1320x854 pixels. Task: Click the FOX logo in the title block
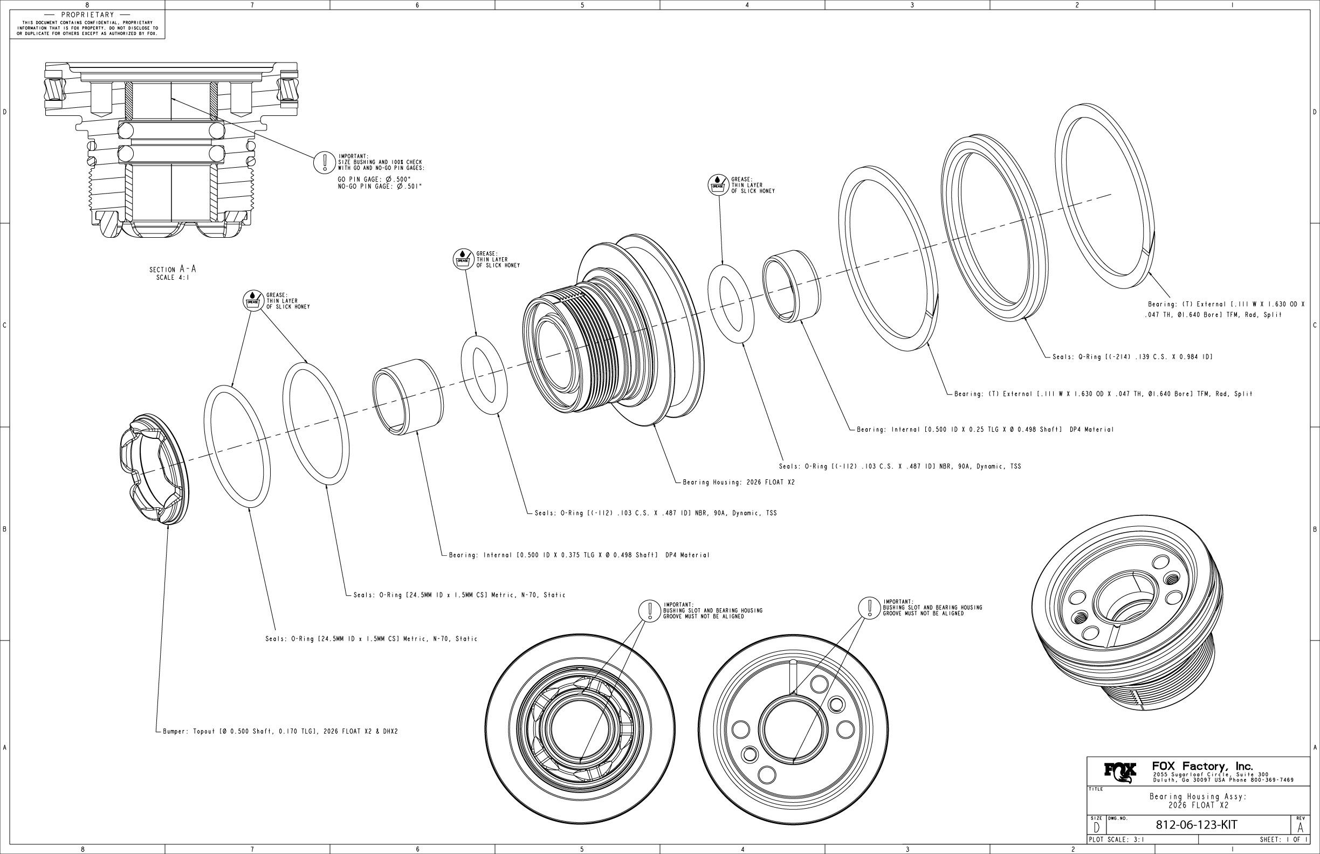click(x=1120, y=772)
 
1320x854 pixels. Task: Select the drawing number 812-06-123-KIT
click(x=1197, y=824)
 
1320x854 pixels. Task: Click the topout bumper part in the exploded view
click(x=152, y=469)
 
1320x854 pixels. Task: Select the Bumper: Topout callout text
click(x=280, y=732)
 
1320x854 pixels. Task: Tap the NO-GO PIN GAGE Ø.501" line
click(x=380, y=187)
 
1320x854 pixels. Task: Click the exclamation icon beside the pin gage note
click(x=322, y=162)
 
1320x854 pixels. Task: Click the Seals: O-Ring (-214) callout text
click(x=1132, y=357)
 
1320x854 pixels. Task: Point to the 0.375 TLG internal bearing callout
click(x=579, y=555)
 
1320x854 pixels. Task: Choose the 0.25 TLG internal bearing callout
click(x=985, y=430)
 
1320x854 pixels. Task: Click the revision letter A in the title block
click(x=1300, y=829)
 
